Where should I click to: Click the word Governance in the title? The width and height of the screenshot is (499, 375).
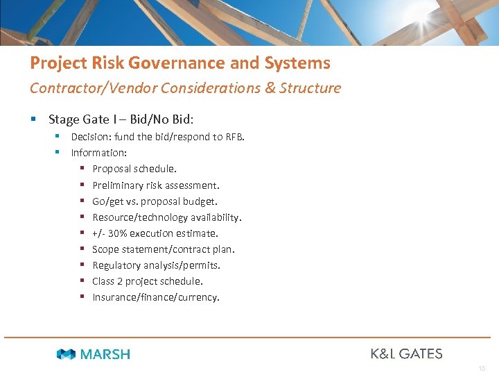[176, 63]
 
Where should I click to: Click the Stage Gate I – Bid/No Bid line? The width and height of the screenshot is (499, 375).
[120, 119]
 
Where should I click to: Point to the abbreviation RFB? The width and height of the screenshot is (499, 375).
[234, 137]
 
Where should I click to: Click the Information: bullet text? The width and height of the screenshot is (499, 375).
[99, 153]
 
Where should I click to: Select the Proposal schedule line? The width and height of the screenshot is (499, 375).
[134, 169]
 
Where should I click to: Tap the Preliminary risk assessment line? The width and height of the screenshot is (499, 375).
[156, 185]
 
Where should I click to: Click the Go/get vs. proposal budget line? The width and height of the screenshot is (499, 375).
[155, 201]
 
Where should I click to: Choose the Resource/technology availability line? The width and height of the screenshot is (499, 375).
[166, 217]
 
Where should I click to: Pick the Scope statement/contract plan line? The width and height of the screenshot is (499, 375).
[164, 249]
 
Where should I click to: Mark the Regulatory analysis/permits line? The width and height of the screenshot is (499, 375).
[156, 265]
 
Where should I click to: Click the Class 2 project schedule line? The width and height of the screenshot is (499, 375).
[148, 281]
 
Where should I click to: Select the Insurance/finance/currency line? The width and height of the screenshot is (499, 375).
[156, 297]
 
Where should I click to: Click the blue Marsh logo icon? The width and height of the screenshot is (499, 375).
[66, 354]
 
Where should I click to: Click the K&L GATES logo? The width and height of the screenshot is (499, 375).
[406, 353]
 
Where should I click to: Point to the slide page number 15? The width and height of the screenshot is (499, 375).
[482, 368]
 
